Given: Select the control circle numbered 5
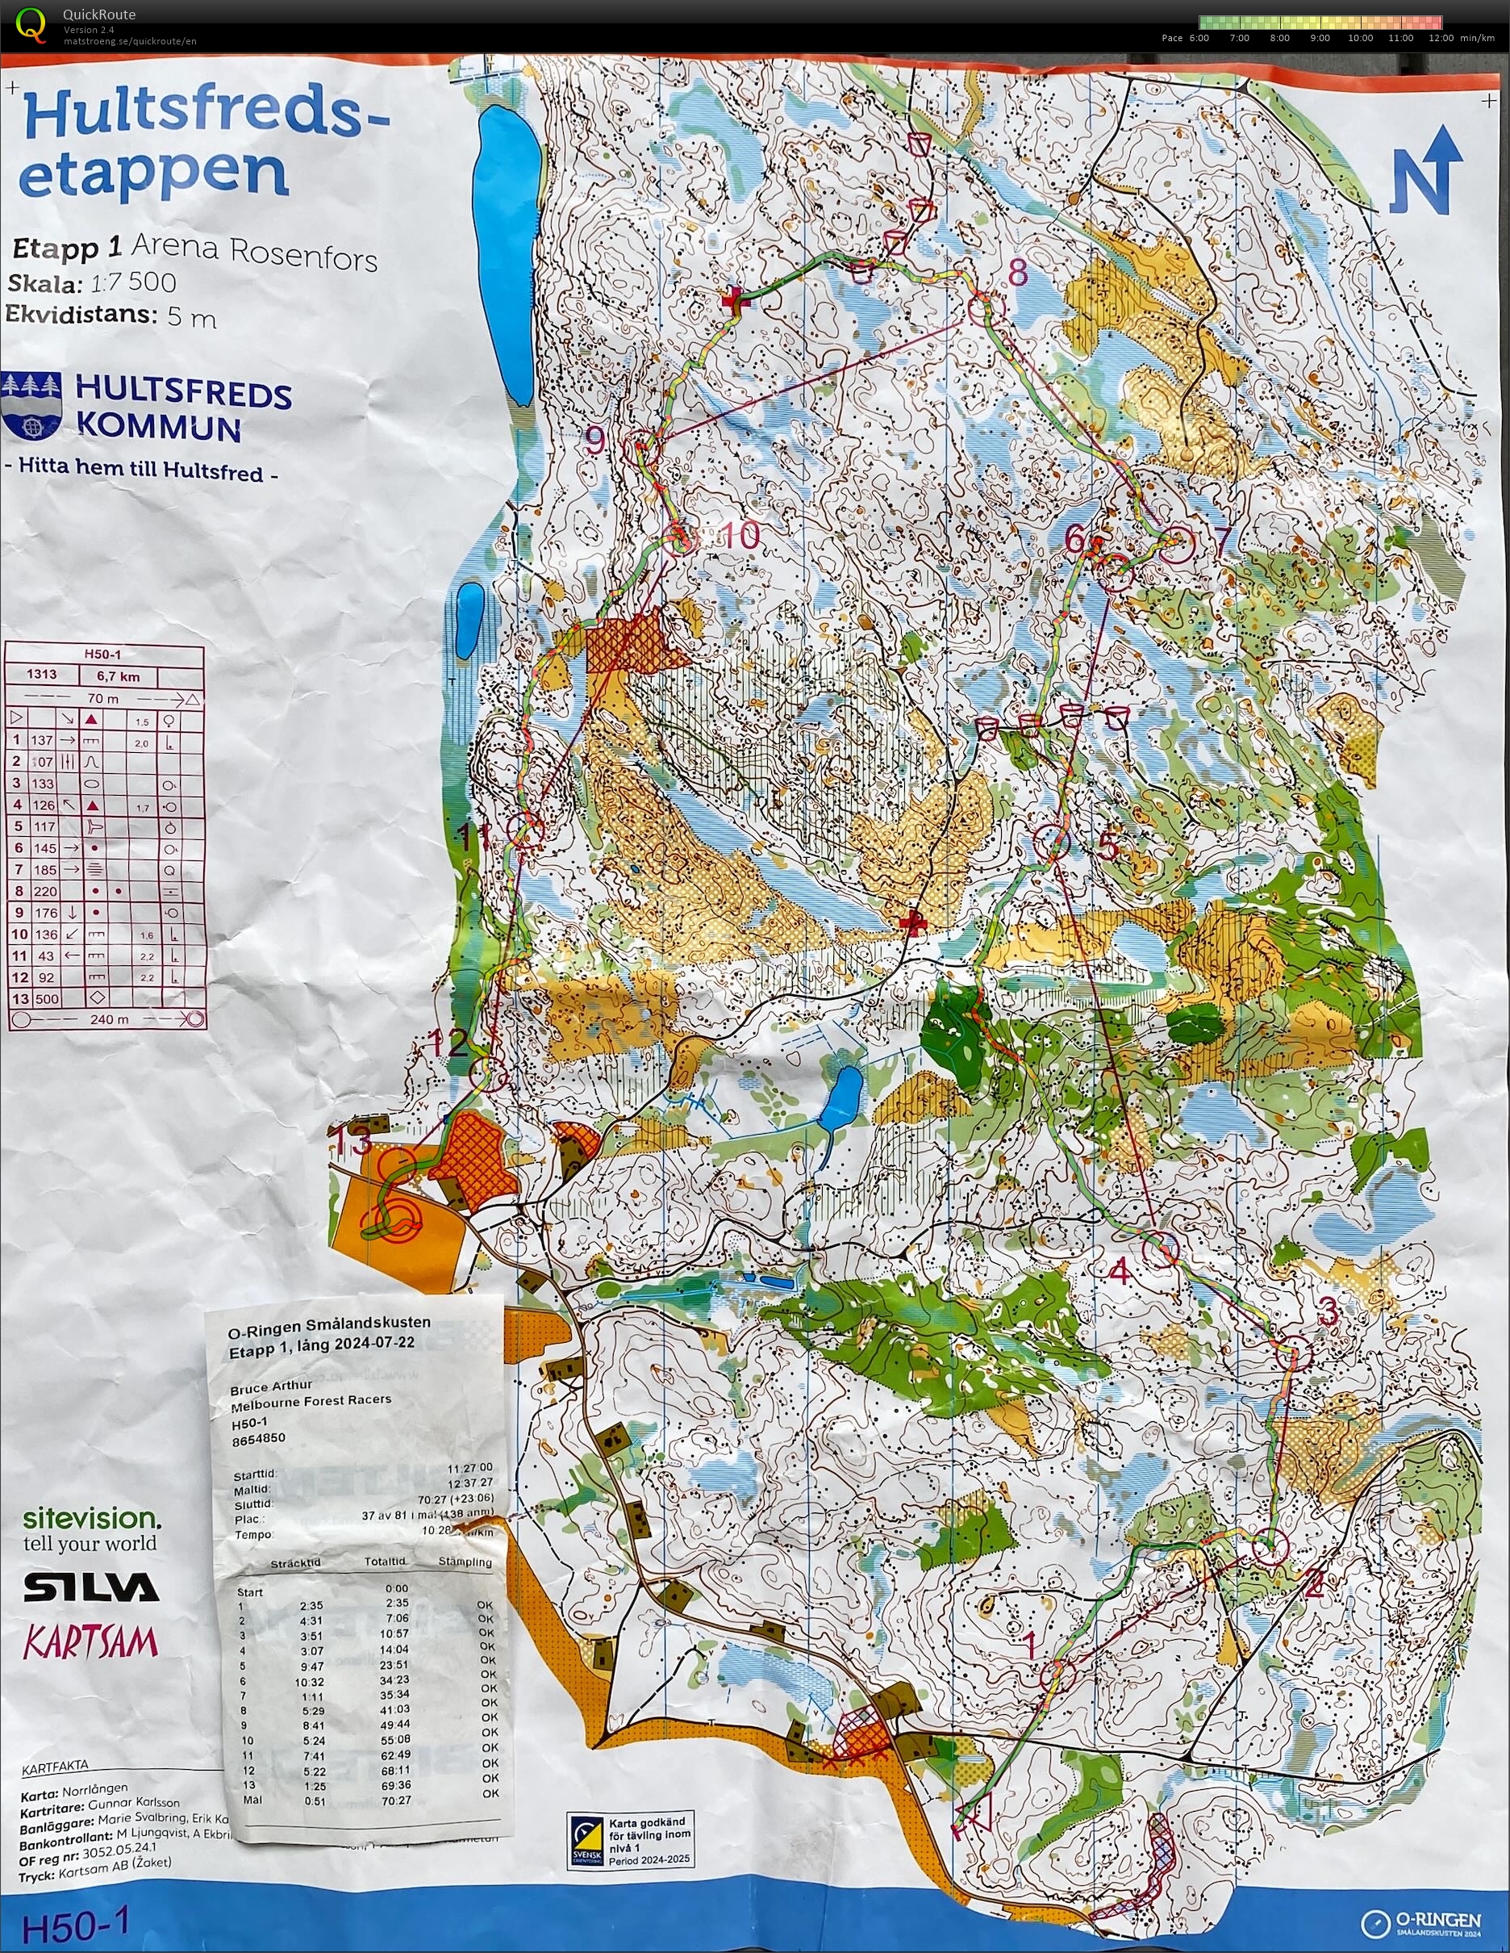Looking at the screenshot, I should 1053,842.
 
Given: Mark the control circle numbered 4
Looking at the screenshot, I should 1162,1249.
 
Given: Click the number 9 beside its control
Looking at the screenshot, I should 595,440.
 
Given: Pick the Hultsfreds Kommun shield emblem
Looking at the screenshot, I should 32,407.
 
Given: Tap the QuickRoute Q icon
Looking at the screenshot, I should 31,24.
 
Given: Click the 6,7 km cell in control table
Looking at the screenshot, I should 118,677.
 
